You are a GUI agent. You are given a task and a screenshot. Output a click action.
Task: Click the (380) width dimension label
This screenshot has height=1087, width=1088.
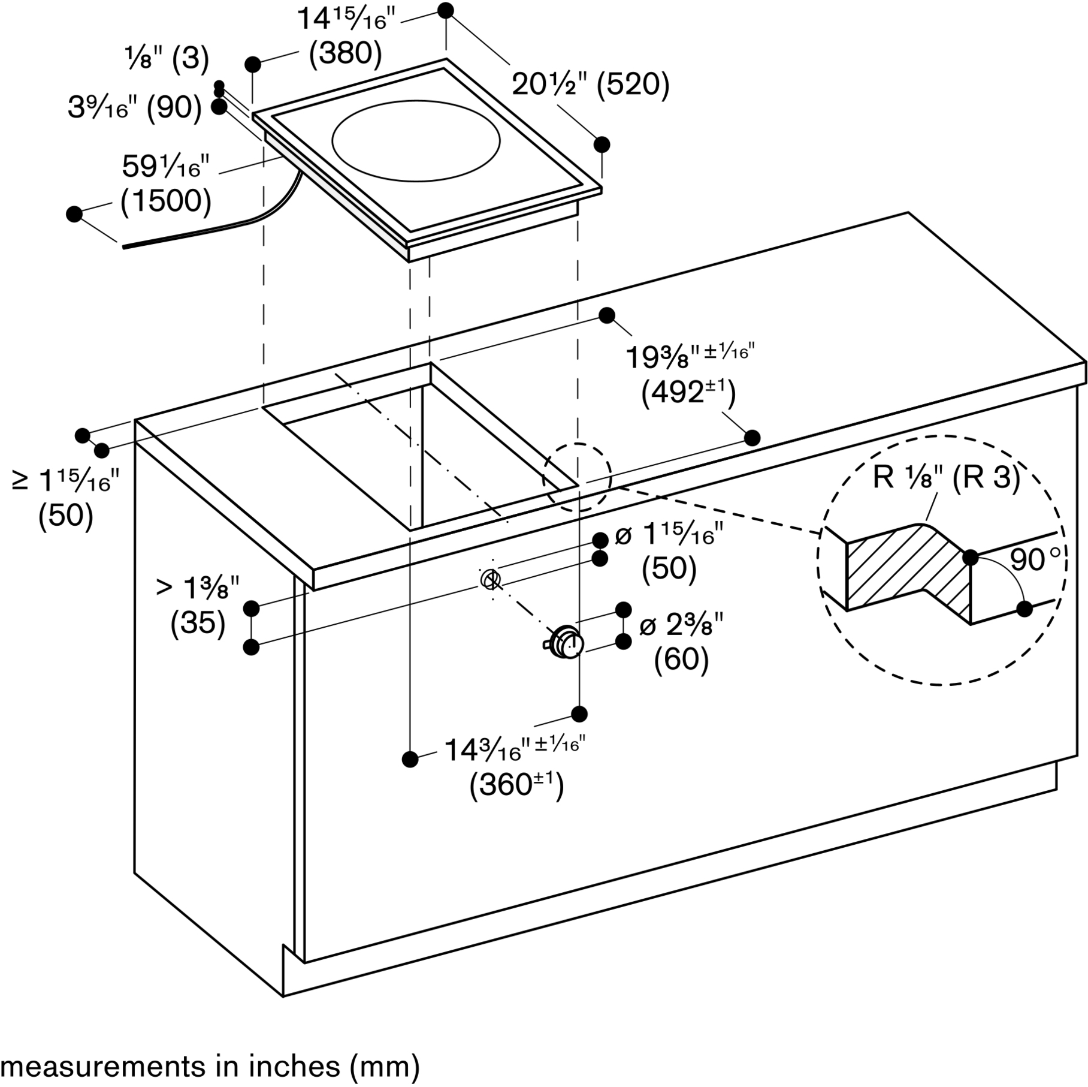pyautogui.click(x=345, y=53)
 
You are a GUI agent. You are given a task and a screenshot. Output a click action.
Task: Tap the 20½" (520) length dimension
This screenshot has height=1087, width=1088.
pyautogui.click(x=590, y=85)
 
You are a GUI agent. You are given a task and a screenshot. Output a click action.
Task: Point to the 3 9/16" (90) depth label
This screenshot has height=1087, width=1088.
pyautogui.click(x=135, y=108)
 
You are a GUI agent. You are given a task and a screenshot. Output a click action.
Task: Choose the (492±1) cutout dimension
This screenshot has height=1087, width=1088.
pyautogui.click(x=688, y=393)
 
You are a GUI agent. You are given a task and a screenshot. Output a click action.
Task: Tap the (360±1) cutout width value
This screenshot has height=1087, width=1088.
pyautogui.click(x=516, y=785)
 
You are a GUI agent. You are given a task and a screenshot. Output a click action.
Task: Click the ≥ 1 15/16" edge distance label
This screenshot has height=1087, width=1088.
pyautogui.click(x=66, y=481)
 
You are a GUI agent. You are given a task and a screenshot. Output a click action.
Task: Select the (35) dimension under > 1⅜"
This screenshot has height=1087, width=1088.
pyautogui.click(x=198, y=623)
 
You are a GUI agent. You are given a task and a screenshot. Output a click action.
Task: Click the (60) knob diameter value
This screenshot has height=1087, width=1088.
pyautogui.click(x=682, y=660)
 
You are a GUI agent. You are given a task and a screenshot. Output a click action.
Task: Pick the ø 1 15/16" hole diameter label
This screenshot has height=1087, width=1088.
pyautogui.click(x=669, y=535)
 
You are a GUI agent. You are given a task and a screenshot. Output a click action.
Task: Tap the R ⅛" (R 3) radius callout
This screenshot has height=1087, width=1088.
pyautogui.click(x=946, y=477)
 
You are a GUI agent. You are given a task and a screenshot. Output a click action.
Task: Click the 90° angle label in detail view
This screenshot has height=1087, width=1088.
pyautogui.click(x=1039, y=559)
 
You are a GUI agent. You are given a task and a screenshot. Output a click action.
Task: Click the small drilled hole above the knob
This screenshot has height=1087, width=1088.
pyautogui.click(x=491, y=579)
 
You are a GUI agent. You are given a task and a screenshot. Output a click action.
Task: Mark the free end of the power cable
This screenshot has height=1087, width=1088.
pyautogui.click(x=123, y=246)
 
